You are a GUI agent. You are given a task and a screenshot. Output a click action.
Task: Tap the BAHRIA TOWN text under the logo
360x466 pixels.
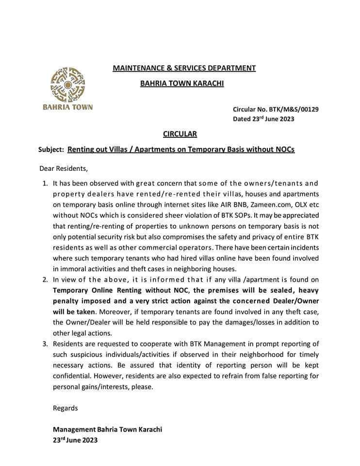pyautogui.click(x=67, y=107)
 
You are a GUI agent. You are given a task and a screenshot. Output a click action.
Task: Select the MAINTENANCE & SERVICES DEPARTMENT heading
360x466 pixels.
pyautogui.click(x=184, y=68)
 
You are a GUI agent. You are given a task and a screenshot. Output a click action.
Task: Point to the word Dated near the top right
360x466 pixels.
pyautogui.click(x=242, y=119)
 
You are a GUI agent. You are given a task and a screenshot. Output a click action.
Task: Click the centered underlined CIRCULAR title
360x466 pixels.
pyautogui.click(x=180, y=134)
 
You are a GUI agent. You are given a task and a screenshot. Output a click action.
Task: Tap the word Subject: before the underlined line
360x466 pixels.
pyautogui.click(x=51, y=150)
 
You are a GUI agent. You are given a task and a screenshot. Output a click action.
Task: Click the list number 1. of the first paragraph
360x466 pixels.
pyautogui.click(x=45, y=183)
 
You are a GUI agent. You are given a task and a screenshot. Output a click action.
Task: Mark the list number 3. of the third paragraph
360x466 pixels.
pyautogui.click(x=45, y=344)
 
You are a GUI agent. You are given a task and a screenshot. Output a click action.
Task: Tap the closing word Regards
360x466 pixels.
pyautogui.click(x=65, y=408)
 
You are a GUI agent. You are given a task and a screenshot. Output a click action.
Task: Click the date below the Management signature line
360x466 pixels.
pyautogui.click(x=75, y=441)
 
